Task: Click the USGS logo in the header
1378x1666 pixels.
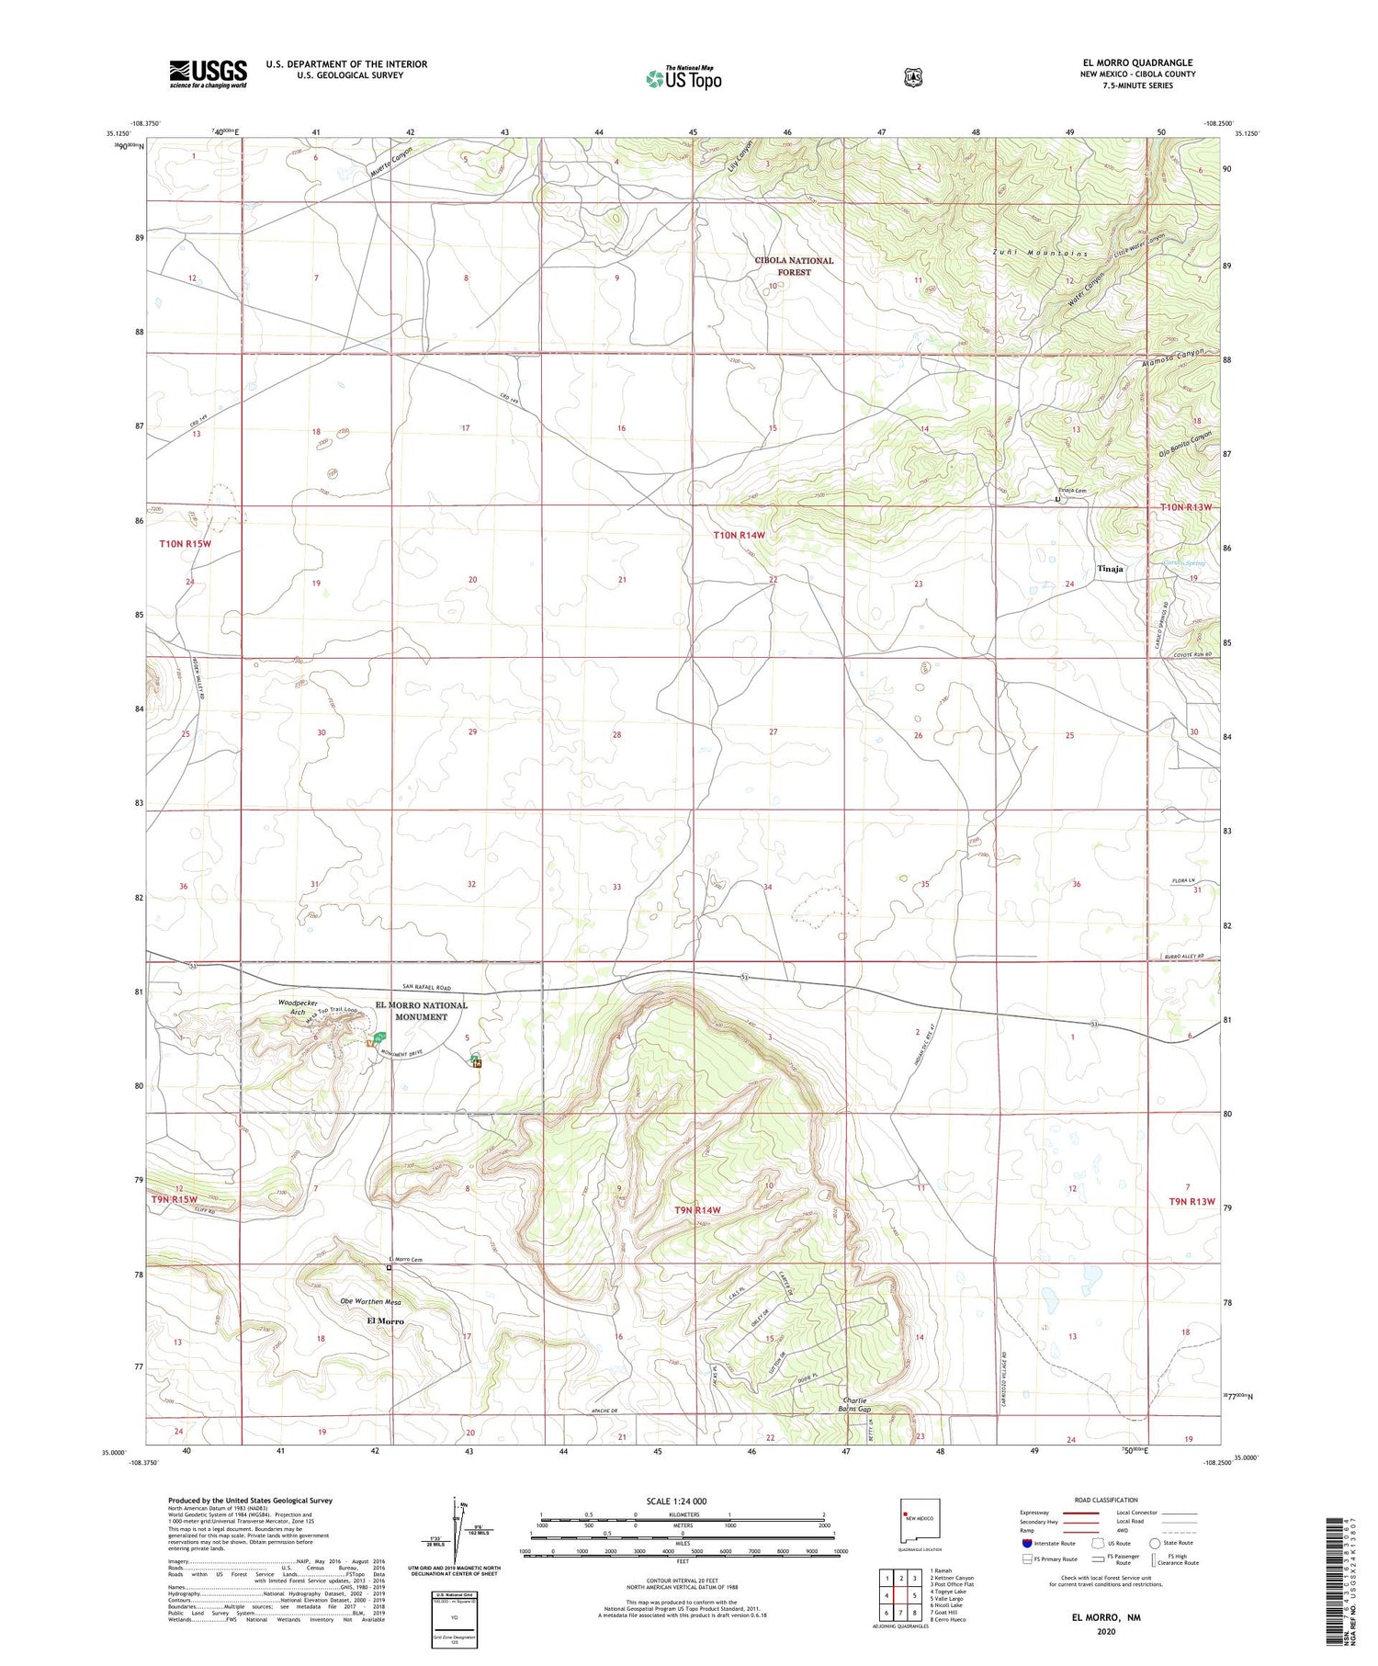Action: [x=208, y=74]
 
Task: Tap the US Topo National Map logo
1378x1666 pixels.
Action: [x=684, y=78]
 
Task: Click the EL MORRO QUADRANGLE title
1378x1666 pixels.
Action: [x=1137, y=62]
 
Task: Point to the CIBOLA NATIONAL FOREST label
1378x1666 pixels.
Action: [x=794, y=266]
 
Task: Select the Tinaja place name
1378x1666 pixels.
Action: [x=1110, y=569]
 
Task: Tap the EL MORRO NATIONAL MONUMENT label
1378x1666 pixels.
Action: [x=421, y=1011]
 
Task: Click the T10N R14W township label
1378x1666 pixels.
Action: [x=740, y=535]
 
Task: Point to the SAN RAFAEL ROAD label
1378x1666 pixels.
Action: [x=422, y=987]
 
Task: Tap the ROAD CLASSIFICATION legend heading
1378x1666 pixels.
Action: [x=1106, y=1500]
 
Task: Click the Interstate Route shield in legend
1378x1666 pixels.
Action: [x=1025, y=1543]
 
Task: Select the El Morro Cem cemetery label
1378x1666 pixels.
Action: [x=404, y=1259]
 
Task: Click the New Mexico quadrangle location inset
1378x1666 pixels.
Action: [x=920, y=1522]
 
